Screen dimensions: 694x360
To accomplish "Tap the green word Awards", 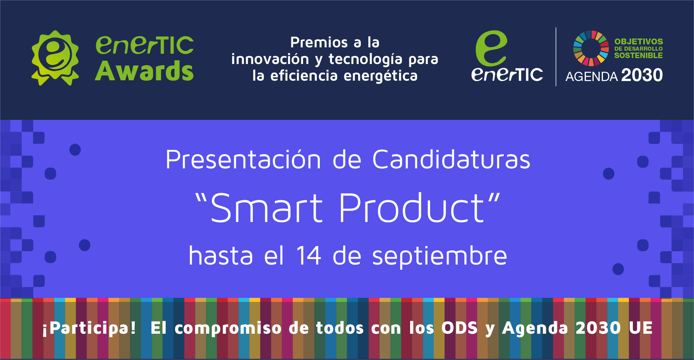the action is point(144,71).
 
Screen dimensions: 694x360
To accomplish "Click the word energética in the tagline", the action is point(380,75).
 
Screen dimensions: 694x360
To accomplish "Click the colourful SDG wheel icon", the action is point(591,48).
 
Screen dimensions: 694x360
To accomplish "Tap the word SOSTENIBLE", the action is point(638,55).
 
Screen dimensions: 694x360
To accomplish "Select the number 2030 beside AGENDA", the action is point(642,75).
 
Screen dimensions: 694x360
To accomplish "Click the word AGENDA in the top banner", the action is point(591,76).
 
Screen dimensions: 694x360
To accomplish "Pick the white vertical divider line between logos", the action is point(556,57).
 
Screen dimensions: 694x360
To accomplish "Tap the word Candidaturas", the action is point(451,159).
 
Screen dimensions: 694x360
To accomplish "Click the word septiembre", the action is point(439,256).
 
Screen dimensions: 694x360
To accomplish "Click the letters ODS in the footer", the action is point(460,328).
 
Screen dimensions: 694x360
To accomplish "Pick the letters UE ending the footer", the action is point(641,328).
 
